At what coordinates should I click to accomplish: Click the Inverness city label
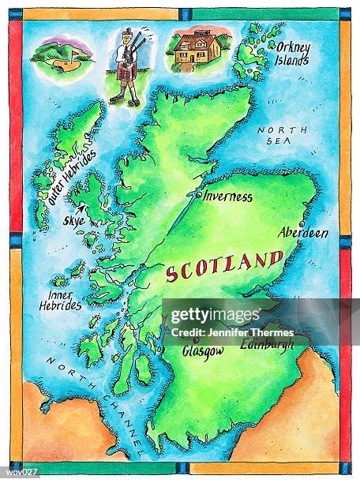point(228,197)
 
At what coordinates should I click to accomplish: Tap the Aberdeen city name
point(303,233)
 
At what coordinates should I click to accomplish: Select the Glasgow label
point(203,352)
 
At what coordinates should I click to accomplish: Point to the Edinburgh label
point(267,344)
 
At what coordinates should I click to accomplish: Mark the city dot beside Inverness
point(199,193)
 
